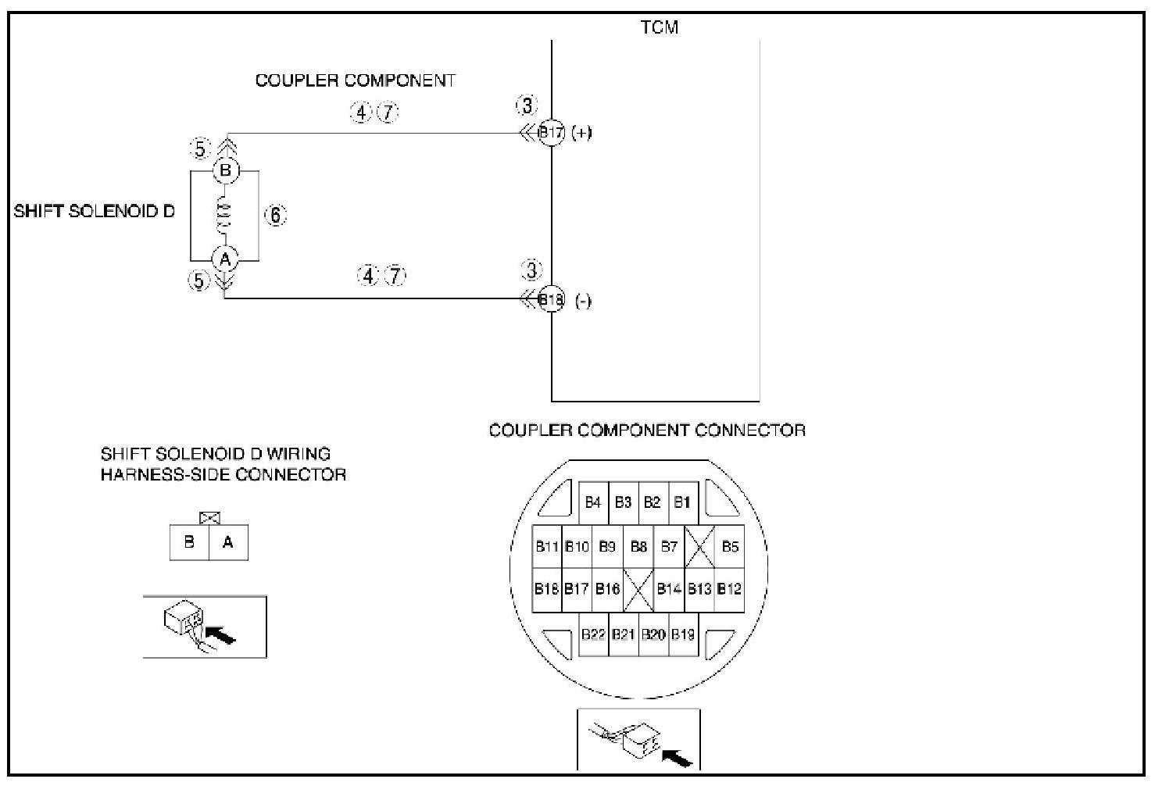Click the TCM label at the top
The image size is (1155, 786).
point(660,27)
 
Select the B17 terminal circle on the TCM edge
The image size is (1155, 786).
point(552,133)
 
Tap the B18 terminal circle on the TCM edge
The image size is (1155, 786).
point(552,298)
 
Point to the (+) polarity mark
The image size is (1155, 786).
point(581,133)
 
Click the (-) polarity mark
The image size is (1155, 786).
point(583,301)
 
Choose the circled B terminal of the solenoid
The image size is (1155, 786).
point(225,170)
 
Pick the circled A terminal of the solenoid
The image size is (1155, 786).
point(225,258)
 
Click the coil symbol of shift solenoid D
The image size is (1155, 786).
point(224,215)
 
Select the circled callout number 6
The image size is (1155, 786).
point(276,215)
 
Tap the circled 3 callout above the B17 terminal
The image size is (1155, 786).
point(527,105)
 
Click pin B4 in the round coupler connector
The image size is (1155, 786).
point(593,502)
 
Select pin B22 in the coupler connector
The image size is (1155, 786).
point(594,634)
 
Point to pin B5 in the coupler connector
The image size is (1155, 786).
point(730,546)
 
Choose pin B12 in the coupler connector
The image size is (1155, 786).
point(729,588)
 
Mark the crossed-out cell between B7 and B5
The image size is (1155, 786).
point(699,546)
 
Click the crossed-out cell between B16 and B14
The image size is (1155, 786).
point(638,588)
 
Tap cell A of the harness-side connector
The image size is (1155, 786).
point(228,542)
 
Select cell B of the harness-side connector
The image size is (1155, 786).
point(189,542)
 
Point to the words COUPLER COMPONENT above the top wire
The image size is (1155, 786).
point(355,80)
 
